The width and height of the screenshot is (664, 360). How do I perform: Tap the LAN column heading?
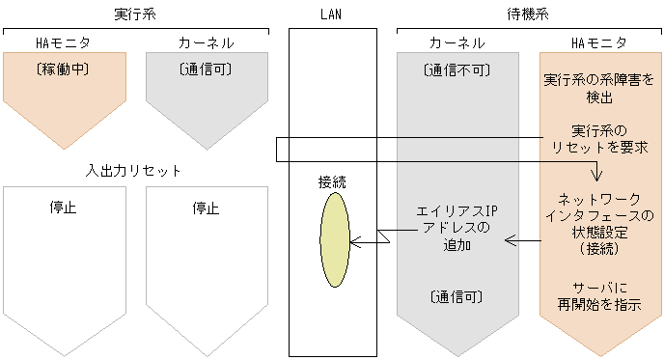[332, 14]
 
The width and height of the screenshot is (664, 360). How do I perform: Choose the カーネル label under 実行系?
[205, 43]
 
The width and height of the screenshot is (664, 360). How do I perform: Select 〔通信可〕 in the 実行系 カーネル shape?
[207, 69]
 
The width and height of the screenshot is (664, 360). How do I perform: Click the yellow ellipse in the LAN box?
[334, 239]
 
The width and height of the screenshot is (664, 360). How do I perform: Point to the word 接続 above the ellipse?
[332, 181]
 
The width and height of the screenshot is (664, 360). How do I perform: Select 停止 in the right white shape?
[206, 208]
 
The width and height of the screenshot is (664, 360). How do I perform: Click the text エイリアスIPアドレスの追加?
[456, 228]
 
